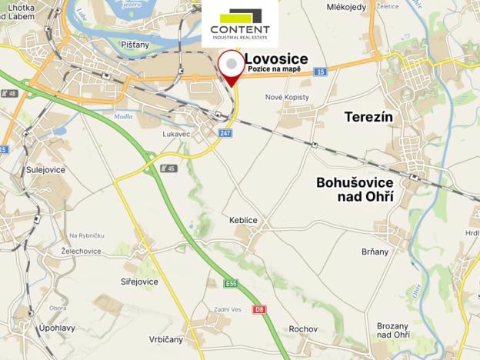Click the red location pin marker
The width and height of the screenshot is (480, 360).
point(230,67)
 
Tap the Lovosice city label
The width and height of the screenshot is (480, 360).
point(276,58)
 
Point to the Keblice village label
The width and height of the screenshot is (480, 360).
point(243,220)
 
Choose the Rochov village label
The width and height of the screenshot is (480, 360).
point(303,329)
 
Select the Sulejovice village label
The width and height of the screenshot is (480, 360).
point(44,169)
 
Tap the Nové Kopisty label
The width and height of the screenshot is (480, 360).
point(286,98)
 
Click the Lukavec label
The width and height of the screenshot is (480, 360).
point(176,132)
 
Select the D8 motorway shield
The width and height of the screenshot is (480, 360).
point(259,309)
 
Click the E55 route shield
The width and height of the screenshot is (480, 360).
point(232,284)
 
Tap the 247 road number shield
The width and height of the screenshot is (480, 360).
point(224,133)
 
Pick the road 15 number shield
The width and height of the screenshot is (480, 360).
point(321,72)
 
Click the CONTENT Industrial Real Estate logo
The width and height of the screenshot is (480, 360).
point(240,24)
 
